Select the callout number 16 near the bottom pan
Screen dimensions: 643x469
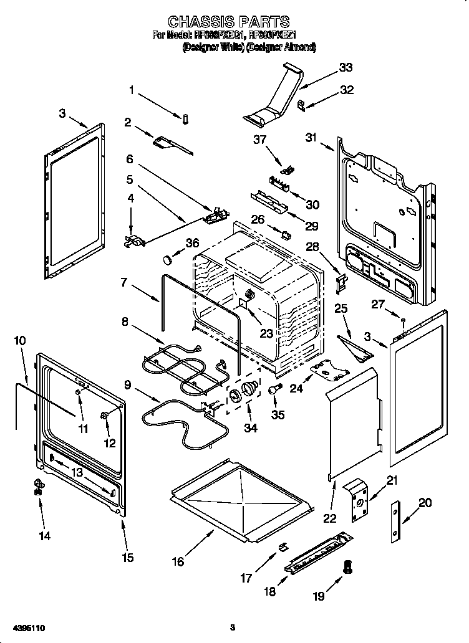tap(179, 561)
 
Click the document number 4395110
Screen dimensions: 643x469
tap(28, 627)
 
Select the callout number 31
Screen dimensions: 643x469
tap(312, 138)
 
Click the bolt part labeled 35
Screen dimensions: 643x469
tap(273, 389)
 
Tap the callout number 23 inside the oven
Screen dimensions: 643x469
tap(266, 333)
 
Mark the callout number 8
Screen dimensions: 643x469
tap(125, 322)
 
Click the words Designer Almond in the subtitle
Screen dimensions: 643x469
tap(283, 47)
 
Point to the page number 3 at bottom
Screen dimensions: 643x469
tap(232, 627)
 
